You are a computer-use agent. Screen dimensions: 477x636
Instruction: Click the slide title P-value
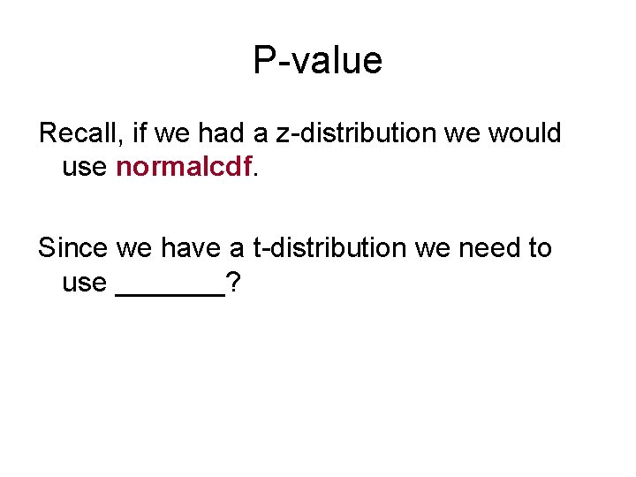point(317,61)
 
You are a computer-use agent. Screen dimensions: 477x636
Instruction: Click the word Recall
point(80,134)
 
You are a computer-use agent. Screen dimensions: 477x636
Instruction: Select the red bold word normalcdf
point(184,167)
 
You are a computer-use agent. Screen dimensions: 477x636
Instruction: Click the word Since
point(73,248)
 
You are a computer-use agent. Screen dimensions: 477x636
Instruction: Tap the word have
point(191,248)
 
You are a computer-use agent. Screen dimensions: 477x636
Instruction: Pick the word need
point(490,248)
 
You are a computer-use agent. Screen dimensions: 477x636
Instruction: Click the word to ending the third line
point(540,248)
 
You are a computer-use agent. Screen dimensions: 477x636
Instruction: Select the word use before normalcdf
point(84,167)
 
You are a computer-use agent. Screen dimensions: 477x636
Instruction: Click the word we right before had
point(173,134)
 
